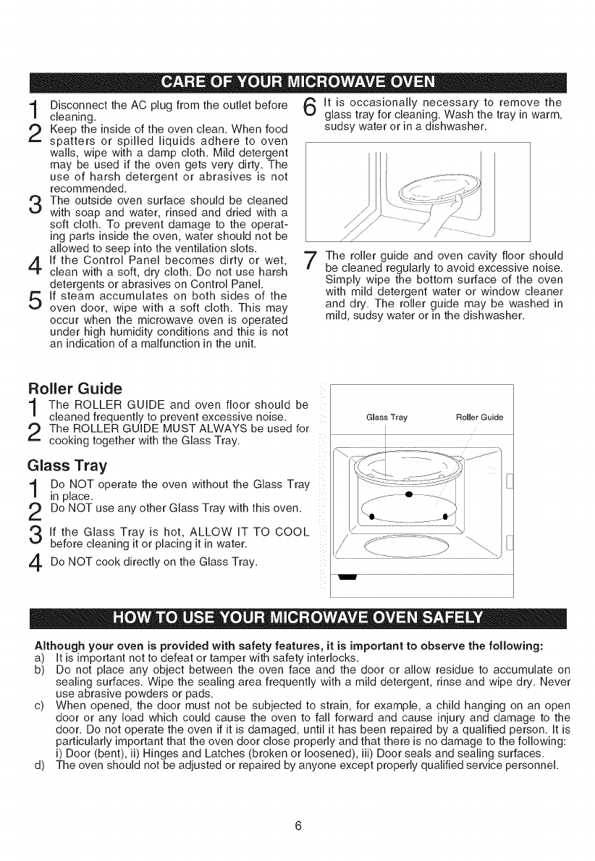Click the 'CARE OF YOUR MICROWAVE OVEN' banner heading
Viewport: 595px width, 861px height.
(297, 80)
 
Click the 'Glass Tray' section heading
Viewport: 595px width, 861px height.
(62, 465)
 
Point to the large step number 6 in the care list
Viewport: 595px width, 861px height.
(308, 107)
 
